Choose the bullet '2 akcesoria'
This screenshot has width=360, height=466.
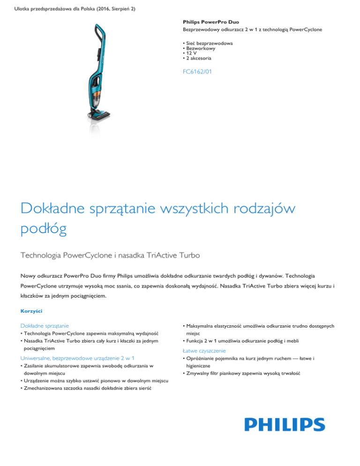tap(199, 59)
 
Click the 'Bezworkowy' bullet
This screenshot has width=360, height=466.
tap(201, 48)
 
